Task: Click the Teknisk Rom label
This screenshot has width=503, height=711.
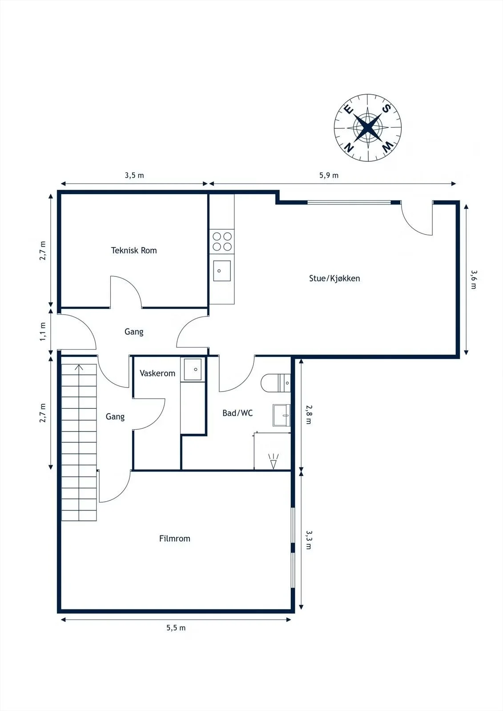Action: tap(134, 251)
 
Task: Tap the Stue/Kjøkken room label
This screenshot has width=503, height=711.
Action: tap(334, 278)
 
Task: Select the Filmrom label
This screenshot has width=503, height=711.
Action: tap(174, 538)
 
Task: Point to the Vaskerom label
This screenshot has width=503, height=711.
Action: tap(157, 373)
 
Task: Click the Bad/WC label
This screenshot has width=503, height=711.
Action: tap(237, 413)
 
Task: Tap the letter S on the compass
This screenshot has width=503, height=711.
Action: tap(386, 108)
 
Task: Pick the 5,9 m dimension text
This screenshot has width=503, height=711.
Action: tap(329, 175)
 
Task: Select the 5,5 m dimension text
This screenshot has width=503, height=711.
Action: tap(176, 628)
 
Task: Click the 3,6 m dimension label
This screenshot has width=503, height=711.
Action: tap(474, 280)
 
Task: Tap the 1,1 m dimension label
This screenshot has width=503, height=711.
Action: tap(43, 332)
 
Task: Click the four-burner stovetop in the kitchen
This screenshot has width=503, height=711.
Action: tap(222, 242)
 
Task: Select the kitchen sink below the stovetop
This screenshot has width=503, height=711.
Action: tap(222, 271)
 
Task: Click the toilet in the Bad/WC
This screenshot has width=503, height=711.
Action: tap(275, 383)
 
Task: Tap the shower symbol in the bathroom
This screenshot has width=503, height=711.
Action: tap(273, 461)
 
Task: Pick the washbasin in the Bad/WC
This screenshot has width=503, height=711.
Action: tap(282, 415)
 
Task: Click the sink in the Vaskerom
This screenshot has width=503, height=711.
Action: tap(193, 369)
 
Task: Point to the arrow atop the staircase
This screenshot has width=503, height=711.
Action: tap(79, 367)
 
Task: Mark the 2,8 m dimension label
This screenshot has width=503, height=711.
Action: tap(309, 415)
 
